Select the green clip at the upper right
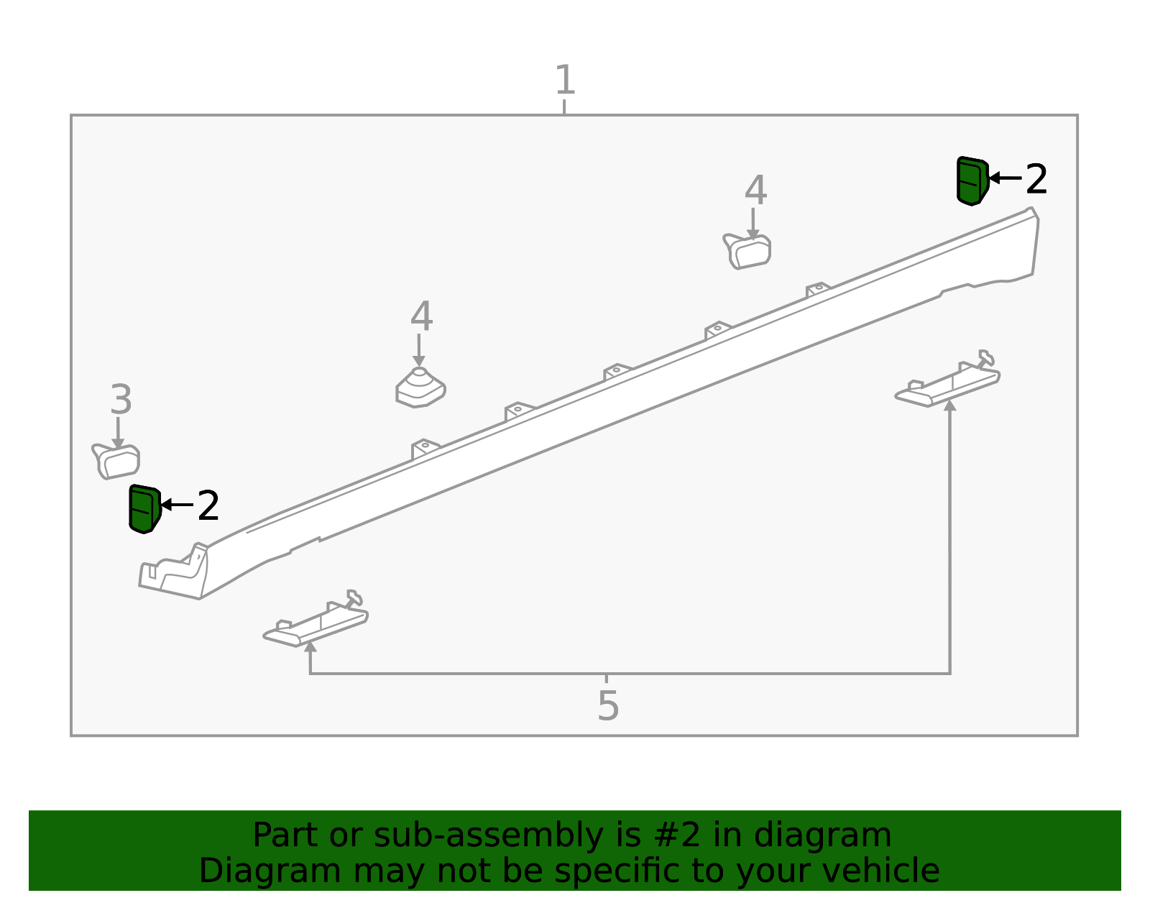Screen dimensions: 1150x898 972,181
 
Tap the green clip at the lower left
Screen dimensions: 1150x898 144,508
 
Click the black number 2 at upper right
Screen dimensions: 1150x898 1036,179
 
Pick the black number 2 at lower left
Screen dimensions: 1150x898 208,505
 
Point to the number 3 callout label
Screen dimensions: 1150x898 121,400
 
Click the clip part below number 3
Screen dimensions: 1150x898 116,462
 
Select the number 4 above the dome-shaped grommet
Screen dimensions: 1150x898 421,316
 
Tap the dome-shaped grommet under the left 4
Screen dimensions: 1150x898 420,388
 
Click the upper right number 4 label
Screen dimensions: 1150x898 755,190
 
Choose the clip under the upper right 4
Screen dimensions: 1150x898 747,252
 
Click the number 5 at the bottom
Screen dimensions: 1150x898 607,706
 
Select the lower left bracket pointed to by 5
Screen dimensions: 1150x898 316,618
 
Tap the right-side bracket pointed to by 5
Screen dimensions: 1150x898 947,379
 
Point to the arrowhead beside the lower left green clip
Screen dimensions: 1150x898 166,504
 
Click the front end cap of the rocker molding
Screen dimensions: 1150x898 174,572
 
